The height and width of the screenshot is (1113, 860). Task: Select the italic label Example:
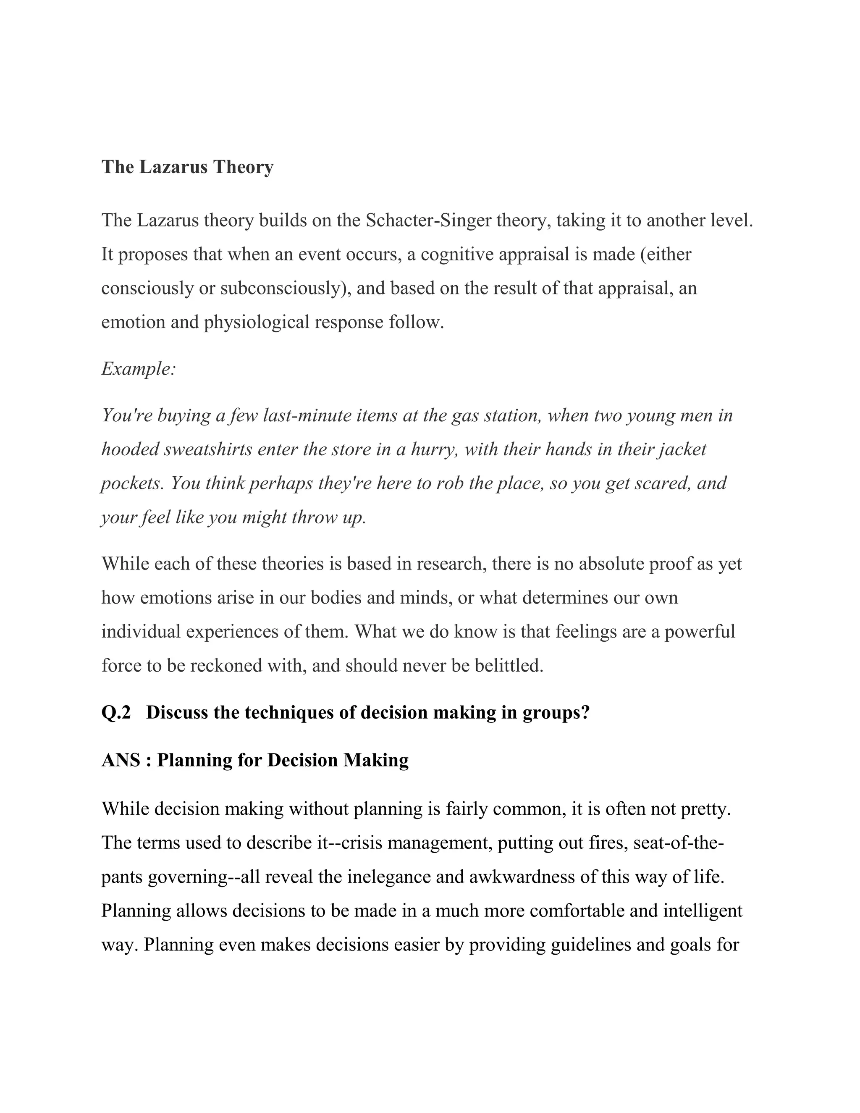click(139, 368)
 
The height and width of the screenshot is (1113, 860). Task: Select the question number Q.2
click(116, 712)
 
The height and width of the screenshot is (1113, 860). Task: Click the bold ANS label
click(121, 760)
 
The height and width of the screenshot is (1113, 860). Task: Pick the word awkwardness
click(529, 877)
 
